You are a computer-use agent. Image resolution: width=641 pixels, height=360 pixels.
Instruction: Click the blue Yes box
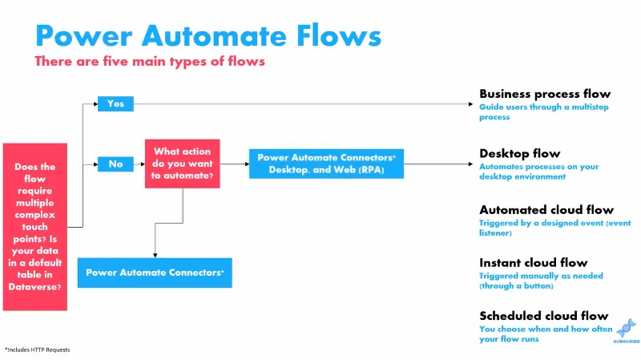click(115, 104)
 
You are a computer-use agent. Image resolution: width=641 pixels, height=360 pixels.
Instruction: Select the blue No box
click(115, 164)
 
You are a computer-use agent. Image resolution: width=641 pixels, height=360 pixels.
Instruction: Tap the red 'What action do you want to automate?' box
click(183, 164)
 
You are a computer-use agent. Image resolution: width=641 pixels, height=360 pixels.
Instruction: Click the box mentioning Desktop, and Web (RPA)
click(326, 164)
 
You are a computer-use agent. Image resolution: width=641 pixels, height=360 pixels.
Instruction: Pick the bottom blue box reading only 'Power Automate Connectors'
click(155, 273)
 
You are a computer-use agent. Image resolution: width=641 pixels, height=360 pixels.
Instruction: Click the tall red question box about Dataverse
click(35, 227)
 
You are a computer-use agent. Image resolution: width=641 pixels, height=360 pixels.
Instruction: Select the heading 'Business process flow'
click(545, 94)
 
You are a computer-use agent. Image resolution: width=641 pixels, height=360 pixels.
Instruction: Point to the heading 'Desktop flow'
click(519, 153)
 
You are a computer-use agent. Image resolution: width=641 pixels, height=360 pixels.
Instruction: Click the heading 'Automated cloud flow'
click(546, 210)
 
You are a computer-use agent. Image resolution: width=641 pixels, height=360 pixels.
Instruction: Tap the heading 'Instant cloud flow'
click(534, 263)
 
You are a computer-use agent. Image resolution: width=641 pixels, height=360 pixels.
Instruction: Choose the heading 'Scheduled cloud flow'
click(544, 316)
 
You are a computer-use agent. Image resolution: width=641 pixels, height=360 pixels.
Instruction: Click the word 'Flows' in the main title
click(339, 36)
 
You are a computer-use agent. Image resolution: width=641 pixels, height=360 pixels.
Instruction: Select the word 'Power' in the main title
click(84, 36)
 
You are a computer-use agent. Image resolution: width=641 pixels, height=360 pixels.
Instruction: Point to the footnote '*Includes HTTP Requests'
click(37, 350)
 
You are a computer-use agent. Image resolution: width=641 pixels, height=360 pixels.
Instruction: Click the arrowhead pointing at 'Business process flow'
click(470, 104)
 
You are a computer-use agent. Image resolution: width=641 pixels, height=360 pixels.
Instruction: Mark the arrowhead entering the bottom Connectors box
click(155, 255)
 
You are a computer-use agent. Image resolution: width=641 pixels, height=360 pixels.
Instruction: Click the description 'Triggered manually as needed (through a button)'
click(541, 281)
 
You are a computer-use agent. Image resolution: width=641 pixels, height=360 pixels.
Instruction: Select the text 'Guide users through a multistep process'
click(544, 111)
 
